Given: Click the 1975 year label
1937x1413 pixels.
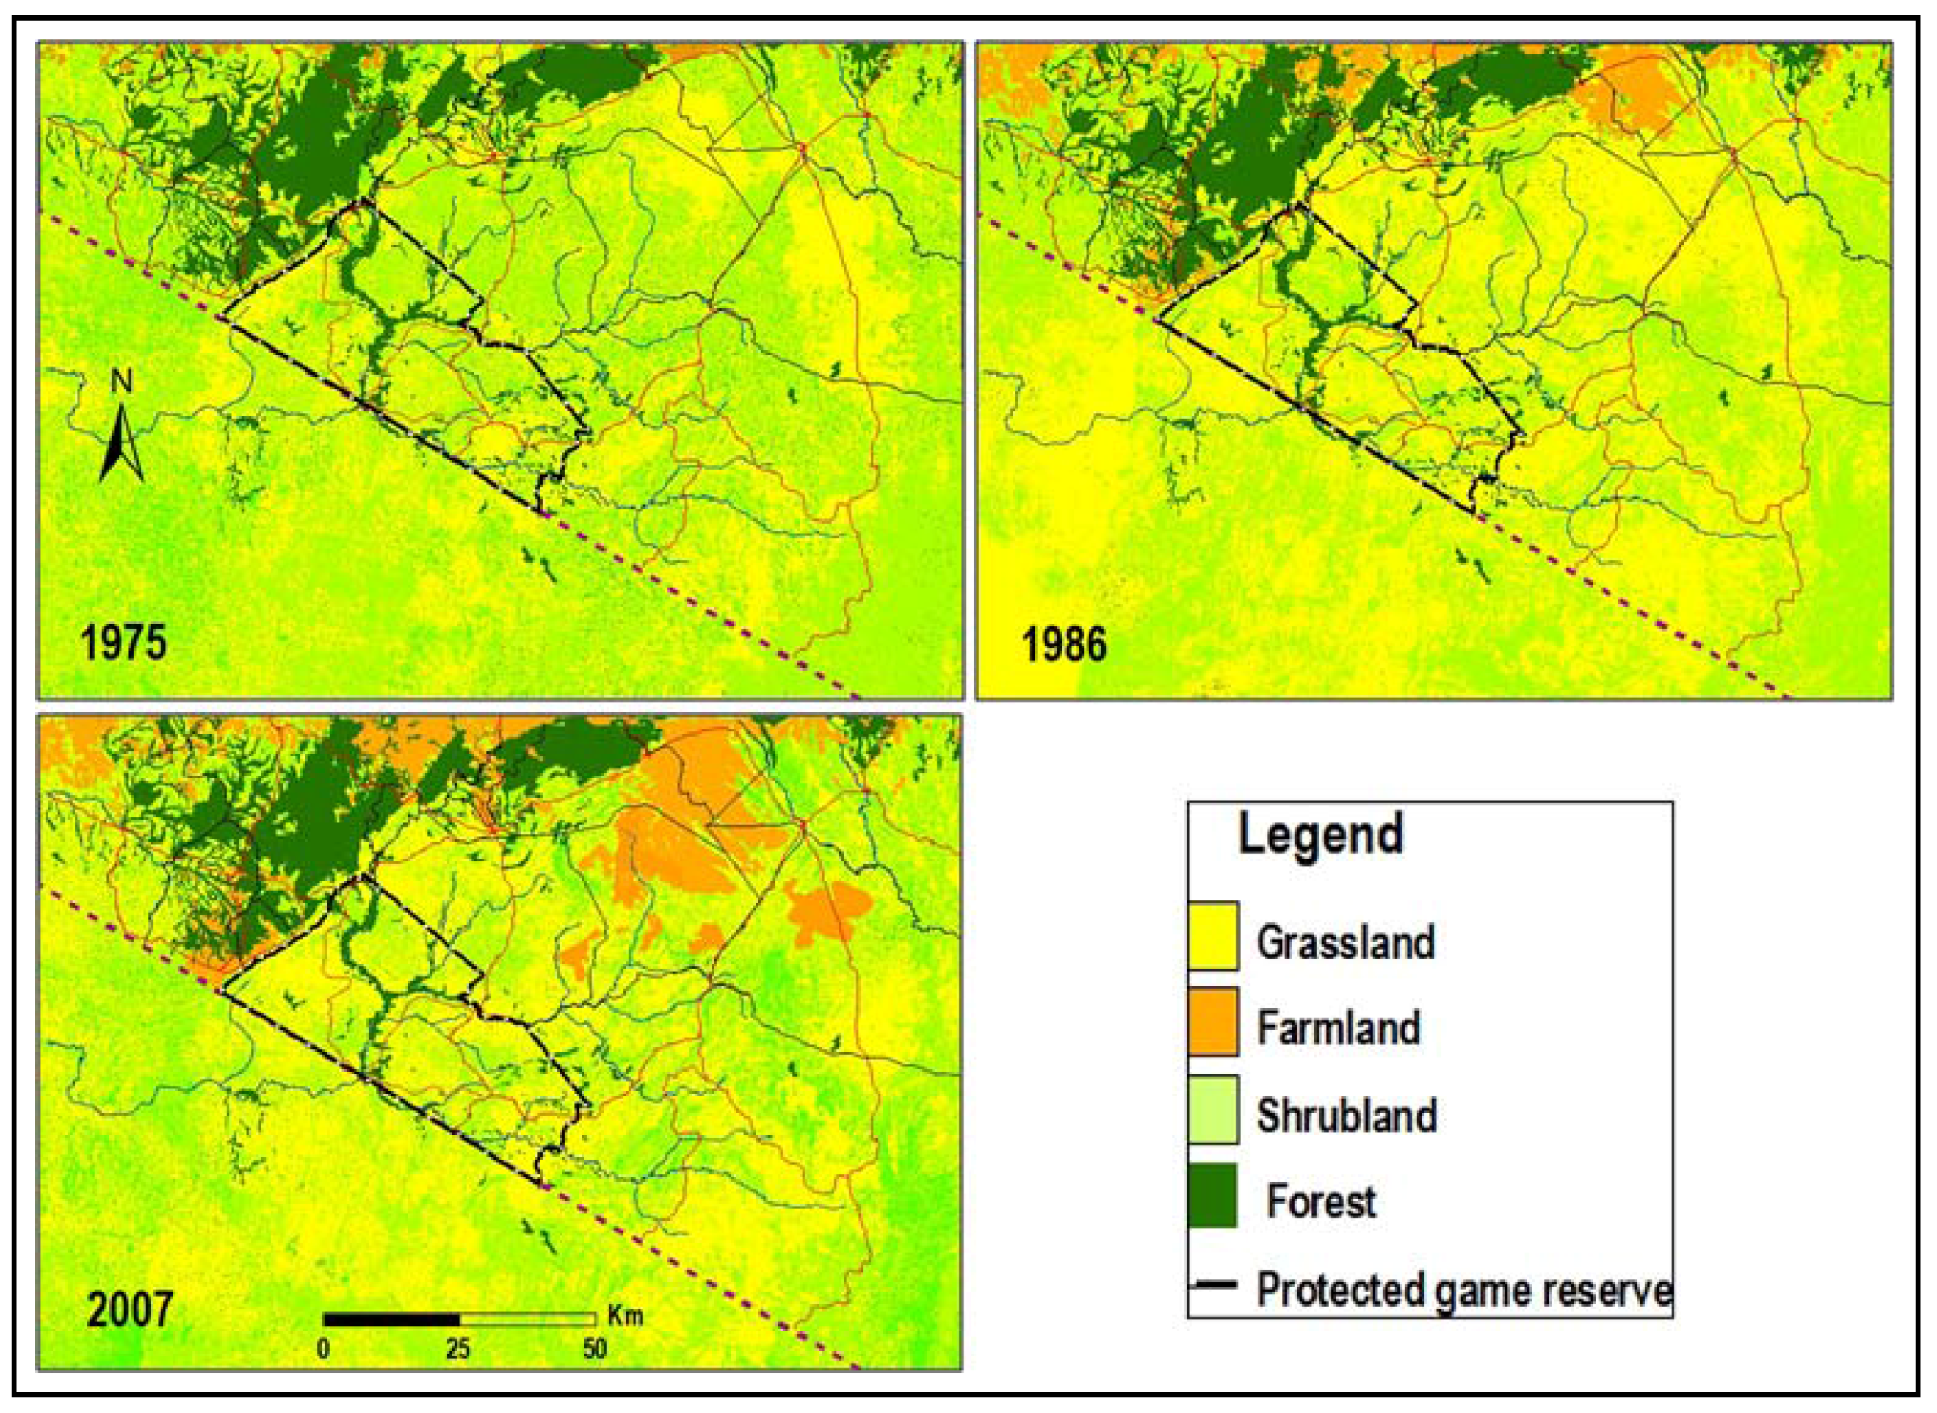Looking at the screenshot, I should tap(123, 643).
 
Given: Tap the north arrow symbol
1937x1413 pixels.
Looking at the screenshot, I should tap(121, 442).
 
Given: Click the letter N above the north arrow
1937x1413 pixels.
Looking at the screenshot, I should tap(123, 381).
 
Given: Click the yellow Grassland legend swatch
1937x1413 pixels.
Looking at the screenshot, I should tap(1212, 936).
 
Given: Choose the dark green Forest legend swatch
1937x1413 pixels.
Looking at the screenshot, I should tap(1212, 1195).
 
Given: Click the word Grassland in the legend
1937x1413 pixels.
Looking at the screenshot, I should tap(1345, 942).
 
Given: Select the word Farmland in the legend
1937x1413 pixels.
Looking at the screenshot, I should tap(1339, 1027).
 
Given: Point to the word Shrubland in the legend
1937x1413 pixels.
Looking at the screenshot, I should tap(1346, 1116).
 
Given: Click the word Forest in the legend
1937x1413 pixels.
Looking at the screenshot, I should tap(1321, 1201).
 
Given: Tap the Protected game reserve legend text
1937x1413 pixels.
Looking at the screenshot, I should tap(1463, 1289).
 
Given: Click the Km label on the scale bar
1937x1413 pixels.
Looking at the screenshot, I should tap(624, 1315).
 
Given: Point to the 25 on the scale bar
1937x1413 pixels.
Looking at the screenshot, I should tap(458, 1350).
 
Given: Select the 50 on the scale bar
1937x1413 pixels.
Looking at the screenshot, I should tap(594, 1350).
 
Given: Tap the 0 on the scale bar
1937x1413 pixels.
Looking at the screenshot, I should tap(324, 1350).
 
